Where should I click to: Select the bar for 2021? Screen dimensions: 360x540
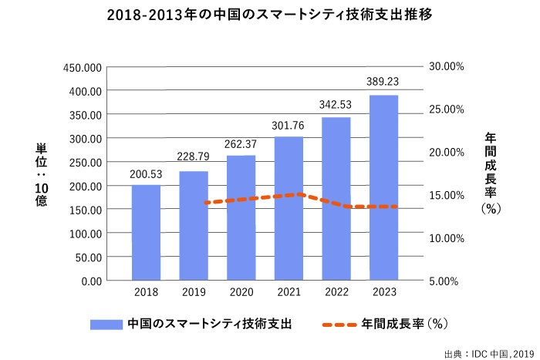[x=289, y=208]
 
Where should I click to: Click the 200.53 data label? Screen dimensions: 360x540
[x=146, y=173]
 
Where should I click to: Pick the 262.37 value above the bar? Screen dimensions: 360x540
[x=241, y=144]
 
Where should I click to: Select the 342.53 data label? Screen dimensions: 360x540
[x=336, y=104]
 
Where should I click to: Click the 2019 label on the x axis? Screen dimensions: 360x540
[x=193, y=293]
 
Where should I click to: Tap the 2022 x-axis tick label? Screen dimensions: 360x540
[x=336, y=293]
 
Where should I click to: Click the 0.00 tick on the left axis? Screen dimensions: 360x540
[x=91, y=281]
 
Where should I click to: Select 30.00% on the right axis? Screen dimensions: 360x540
[x=446, y=67]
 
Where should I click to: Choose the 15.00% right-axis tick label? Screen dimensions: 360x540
[x=446, y=195]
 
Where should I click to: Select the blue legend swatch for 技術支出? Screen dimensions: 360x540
[x=106, y=325]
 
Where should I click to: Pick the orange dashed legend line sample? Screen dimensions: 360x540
[x=339, y=325]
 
